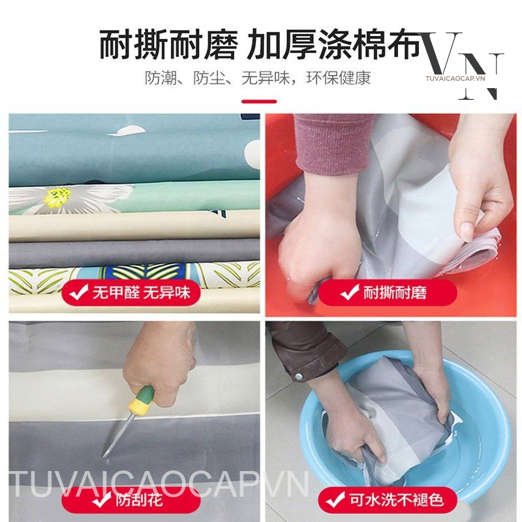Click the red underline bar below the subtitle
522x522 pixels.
click(x=259, y=102)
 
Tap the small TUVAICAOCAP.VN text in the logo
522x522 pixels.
click(x=455, y=78)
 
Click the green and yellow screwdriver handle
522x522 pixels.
click(x=142, y=399)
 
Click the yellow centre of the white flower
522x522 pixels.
click(x=57, y=196)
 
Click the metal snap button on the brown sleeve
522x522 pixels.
click(x=299, y=376)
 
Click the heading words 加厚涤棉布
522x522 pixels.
click(x=334, y=44)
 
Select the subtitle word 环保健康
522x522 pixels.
click(x=338, y=78)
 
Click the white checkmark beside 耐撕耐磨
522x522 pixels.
click(x=350, y=292)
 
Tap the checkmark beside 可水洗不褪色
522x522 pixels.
click(x=335, y=500)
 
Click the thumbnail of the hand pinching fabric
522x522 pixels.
click(x=391, y=215)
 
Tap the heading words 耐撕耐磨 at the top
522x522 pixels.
click(x=169, y=44)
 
